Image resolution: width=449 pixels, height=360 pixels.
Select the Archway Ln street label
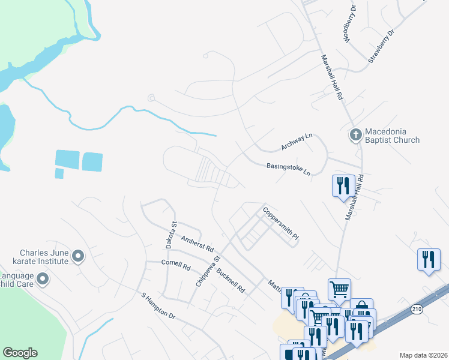[x=297, y=142]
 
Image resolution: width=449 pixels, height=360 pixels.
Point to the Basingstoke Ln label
[x=289, y=170]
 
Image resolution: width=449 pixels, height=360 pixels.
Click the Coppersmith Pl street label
[x=280, y=224]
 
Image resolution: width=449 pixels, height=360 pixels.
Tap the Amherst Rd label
[x=197, y=243]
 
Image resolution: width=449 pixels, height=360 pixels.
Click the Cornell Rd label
[x=176, y=265]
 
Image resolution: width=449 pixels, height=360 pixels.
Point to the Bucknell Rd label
[x=231, y=280]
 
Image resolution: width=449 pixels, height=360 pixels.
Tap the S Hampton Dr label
[x=157, y=306]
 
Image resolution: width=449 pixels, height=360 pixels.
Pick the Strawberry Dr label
[x=382, y=47]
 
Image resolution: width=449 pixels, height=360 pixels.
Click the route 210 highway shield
[x=416, y=308]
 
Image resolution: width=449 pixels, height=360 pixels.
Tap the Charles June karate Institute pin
[x=77, y=257]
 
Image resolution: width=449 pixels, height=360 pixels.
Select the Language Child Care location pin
[x=43, y=279]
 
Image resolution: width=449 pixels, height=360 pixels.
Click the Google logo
[x=20, y=353]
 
